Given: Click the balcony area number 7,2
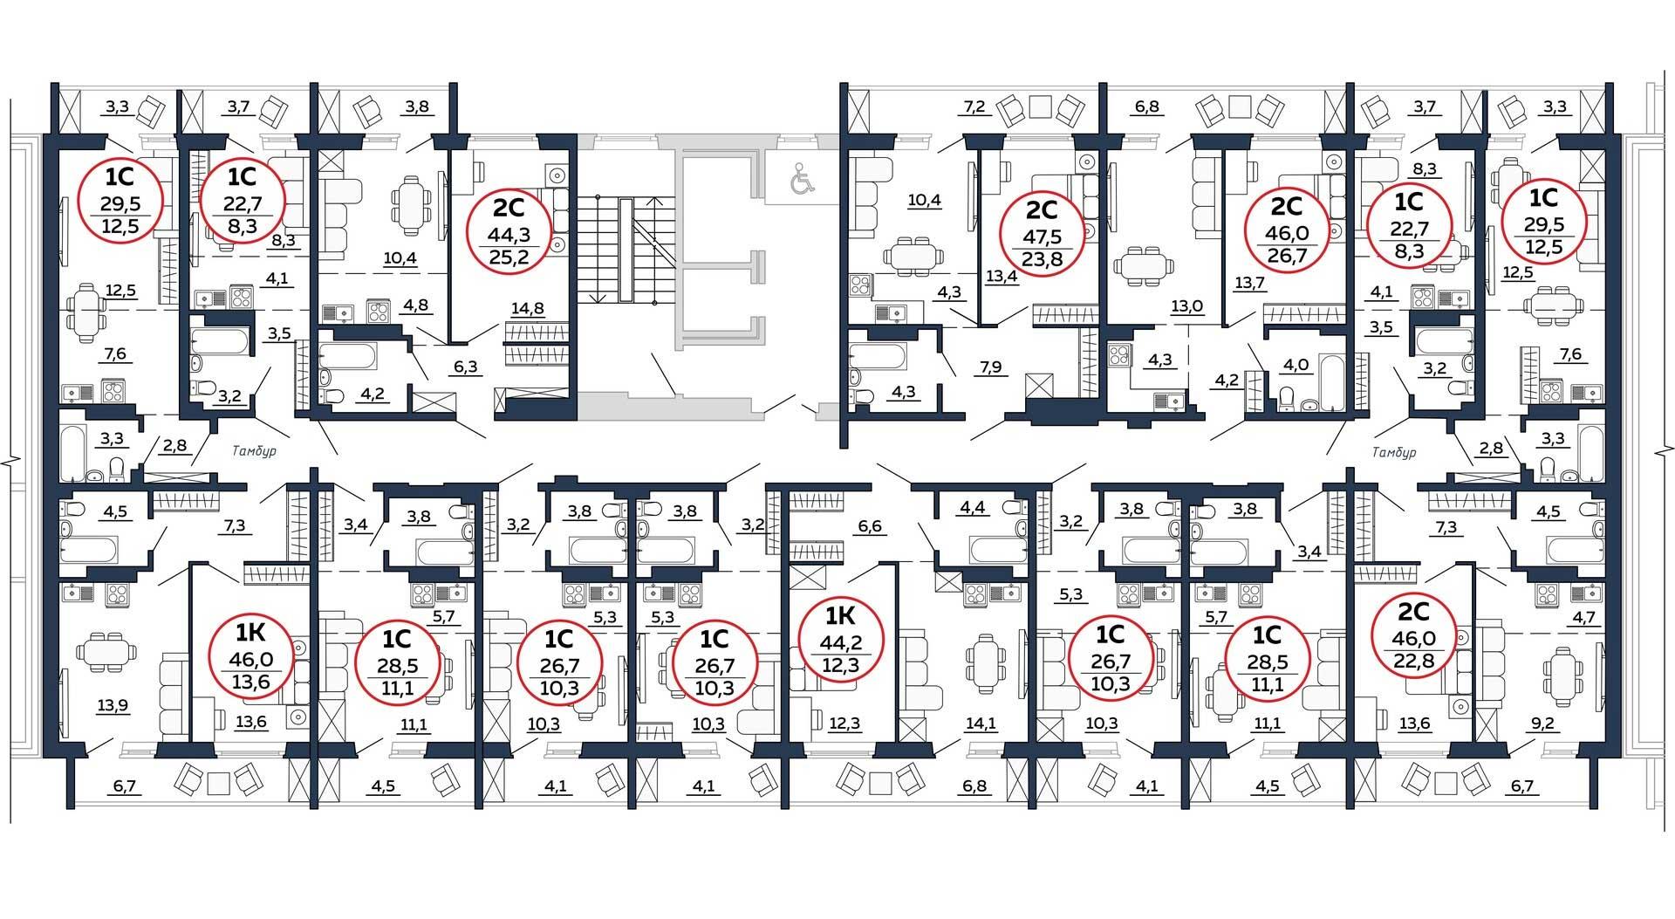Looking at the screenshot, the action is (974, 107).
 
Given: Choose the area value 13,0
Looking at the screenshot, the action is (1186, 306).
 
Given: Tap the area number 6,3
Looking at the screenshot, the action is (466, 367).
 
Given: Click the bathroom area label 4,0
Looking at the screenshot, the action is (1295, 365).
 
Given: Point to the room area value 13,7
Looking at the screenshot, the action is (1250, 282).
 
